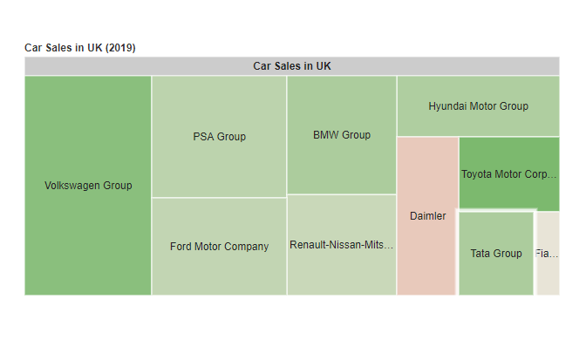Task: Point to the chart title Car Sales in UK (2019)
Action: (x=79, y=47)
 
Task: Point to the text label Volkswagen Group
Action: (x=88, y=186)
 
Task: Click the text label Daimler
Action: (x=427, y=216)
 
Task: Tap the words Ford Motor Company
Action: (x=219, y=247)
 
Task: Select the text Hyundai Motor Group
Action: (x=478, y=106)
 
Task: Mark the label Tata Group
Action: (x=495, y=254)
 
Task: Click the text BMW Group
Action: (x=342, y=135)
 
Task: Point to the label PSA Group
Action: (x=219, y=137)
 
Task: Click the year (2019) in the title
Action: (x=120, y=47)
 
